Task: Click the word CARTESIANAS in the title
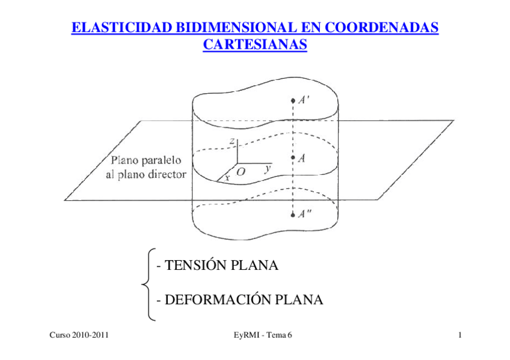coord(255,44)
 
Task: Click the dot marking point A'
coord(293,100)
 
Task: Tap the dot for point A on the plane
coord(293,159)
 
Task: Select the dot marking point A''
coord(293,215)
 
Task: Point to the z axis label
coord(232,140)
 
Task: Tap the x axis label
coord(227,177)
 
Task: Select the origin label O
coord(241,172)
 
